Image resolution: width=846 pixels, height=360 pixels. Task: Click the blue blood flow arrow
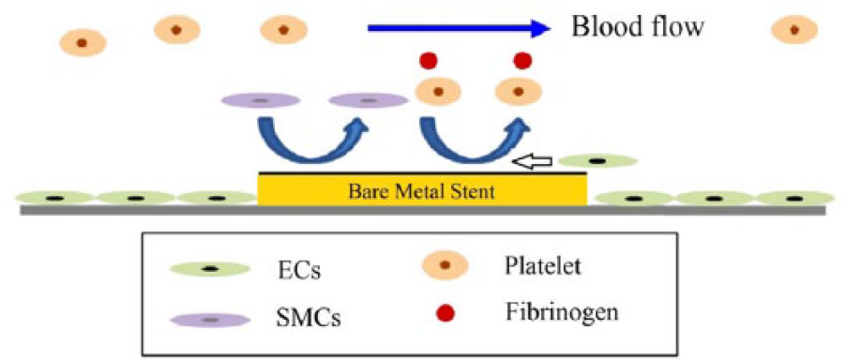458,28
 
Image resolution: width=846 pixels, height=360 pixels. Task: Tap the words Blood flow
638,27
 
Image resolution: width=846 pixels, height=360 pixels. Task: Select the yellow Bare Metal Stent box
422,190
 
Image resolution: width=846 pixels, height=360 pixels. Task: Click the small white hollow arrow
532,160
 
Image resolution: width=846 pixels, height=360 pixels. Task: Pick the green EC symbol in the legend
210,268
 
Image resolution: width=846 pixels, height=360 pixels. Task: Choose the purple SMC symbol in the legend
210,320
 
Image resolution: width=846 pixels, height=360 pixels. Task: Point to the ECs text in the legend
296,271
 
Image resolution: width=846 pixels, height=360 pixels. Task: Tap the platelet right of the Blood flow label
794,30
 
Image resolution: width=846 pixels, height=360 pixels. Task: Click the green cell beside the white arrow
597,160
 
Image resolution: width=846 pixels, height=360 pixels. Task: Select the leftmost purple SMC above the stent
261,100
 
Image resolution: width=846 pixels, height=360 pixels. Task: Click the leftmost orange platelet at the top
83,42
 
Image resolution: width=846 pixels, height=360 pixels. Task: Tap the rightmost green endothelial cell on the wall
794,198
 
